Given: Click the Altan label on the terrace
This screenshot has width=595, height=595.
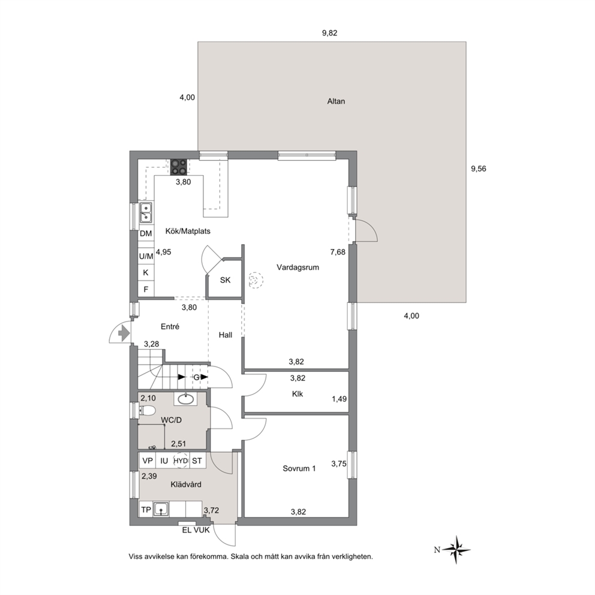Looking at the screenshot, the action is coord(336,101).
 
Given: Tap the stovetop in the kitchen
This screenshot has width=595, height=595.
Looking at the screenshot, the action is coord(179,167).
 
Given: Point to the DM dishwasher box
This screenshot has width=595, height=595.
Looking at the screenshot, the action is coord(146,233).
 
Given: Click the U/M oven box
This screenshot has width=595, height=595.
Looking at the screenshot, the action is coord(146,256).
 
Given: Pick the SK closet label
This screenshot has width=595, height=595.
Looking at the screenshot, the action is coord(226,280).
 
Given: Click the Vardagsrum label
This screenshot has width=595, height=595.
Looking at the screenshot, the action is coord(298,267).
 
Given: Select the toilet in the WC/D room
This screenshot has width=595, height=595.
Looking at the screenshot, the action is coord(148,410).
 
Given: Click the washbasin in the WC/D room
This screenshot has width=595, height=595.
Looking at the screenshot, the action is coord(185,399).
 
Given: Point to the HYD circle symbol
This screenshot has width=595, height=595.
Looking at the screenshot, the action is coord(181,461).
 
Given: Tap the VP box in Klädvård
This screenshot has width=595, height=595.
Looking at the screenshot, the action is coord(148,461).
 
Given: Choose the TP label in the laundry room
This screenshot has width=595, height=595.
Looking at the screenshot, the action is coord(146,510).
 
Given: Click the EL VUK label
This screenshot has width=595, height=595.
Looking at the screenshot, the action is coord(196,530).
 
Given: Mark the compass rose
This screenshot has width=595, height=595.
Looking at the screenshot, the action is coord(457,549).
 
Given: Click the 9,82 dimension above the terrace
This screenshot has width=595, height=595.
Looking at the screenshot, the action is coord(330,33).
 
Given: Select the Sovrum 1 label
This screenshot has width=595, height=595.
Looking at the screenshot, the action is coord(299,468).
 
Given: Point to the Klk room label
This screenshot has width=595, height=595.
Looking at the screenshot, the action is coord(297,394).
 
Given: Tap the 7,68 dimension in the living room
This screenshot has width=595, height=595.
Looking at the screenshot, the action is coord(338,252).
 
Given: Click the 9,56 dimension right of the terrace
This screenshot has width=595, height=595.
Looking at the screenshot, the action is coord(479,169).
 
